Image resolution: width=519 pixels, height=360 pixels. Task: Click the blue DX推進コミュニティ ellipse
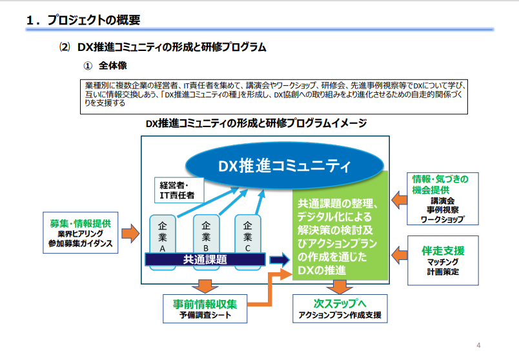click(283, 166)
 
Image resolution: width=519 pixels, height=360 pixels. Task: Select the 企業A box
click(162, 235)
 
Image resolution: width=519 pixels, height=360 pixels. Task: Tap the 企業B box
click(205, 235)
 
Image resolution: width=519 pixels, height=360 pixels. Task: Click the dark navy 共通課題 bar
click(205, 259)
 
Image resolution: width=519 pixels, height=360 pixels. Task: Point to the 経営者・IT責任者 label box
click(178, 188)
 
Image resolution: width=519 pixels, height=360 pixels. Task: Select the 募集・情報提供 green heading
click(80, 223)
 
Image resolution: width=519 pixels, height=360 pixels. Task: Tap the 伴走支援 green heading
click(443, 250)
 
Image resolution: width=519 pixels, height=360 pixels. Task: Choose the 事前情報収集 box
click(205, 308)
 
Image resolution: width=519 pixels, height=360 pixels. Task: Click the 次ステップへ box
click(340, 308)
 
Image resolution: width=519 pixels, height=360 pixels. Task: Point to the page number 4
click(478, 344)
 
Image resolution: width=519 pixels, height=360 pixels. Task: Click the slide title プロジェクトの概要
click(90, 20)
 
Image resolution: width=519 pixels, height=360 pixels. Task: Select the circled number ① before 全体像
click(88, 66)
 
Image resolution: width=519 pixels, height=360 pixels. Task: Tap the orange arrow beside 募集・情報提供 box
click(130, 232)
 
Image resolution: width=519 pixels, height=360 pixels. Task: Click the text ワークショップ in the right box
click(443, 219)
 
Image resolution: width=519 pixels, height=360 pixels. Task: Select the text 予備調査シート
click(205, 315)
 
